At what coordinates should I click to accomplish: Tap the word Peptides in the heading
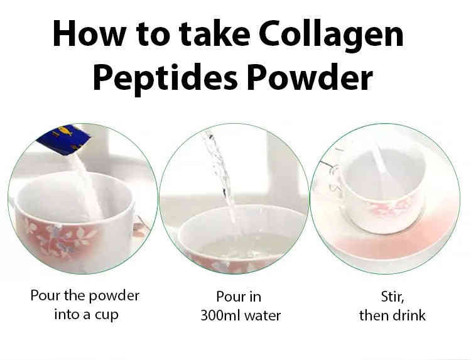[x=166, y=79]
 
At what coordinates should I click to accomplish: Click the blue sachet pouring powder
[x=63, y=139]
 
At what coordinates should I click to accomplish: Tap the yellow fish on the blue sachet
[x=65, y=131]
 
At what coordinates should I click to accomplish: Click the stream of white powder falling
[x=88, y=187]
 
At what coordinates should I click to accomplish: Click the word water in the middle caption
[x=263, y=316]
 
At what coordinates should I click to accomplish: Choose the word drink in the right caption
[x=409, y=315]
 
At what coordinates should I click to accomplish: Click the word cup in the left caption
[x=107, y=315]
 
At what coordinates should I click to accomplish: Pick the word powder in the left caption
[x=114, y=296]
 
